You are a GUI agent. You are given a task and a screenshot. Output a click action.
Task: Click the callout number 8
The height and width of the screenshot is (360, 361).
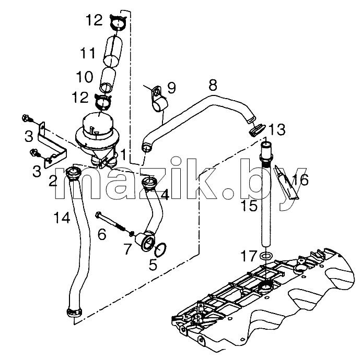pos(213,85)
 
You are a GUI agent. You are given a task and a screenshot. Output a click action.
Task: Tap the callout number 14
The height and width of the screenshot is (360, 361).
pos(62,218)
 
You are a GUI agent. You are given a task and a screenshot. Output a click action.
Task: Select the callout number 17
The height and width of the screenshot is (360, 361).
pos(249,256)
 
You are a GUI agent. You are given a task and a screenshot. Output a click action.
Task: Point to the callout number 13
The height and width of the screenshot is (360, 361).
pos(277,129)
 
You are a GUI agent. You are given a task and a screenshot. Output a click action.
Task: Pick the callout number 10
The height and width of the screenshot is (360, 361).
pos(85,77)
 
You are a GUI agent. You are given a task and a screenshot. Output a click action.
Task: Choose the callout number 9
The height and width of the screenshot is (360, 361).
pos(171,88)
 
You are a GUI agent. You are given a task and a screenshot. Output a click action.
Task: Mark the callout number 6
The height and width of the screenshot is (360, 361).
pos(102,234)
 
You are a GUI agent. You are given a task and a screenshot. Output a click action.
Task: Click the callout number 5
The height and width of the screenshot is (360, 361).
pos(153,265)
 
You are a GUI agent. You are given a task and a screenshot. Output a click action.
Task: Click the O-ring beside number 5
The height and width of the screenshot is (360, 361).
pos(160,250)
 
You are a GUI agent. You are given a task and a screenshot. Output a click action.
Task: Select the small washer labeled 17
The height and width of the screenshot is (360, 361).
pos(265,255)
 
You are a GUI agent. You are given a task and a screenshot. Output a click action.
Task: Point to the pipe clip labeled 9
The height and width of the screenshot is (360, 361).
pos(159,101)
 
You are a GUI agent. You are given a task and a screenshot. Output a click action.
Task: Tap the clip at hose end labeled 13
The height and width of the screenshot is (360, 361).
pos(257,130)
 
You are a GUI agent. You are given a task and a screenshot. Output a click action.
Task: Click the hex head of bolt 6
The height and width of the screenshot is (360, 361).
pos(98,214)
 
